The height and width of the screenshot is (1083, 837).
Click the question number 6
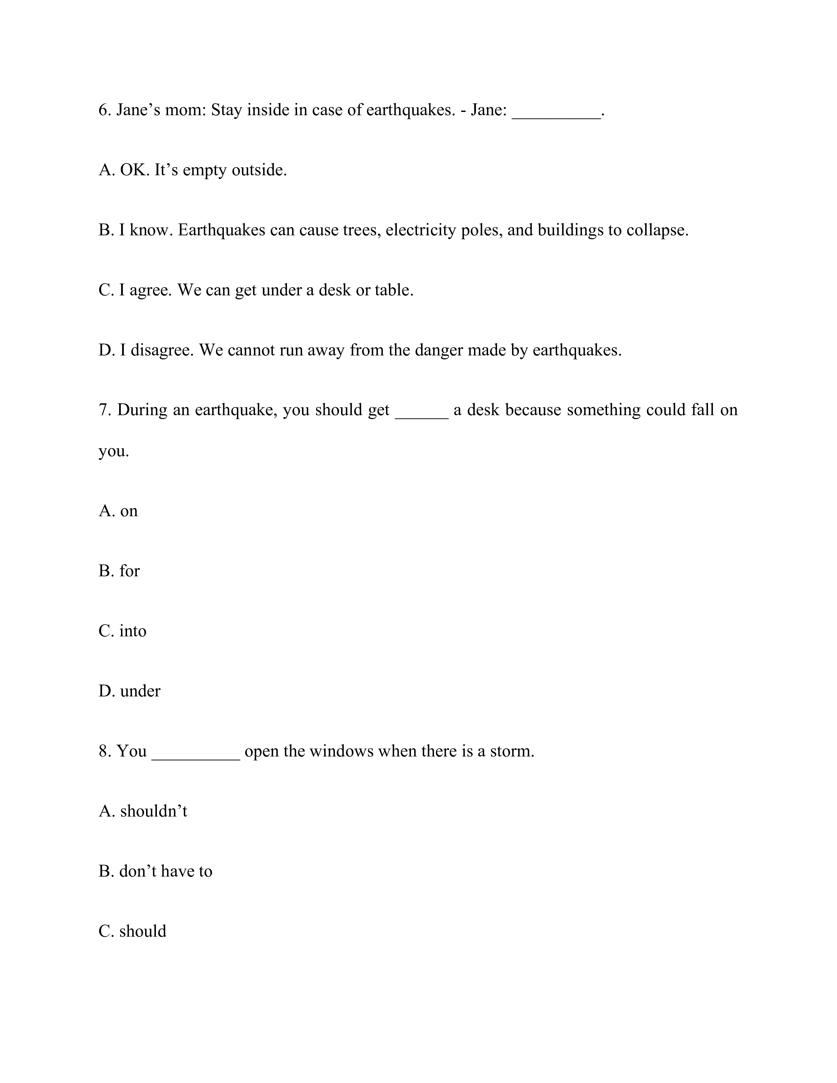104,110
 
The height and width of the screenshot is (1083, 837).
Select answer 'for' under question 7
129,571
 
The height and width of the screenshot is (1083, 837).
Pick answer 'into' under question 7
133,631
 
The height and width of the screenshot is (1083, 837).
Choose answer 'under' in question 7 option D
140,691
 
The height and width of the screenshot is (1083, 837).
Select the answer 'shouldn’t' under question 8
154,811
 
